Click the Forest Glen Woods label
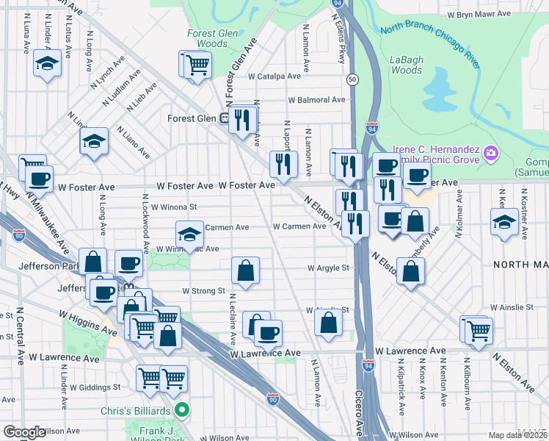[x=207, y=38]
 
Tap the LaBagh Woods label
[x=406, y=65]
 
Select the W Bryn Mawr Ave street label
[x=479, y=14]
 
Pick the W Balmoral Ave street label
[x=316, y=99]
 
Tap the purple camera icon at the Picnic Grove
[x=491, y=154]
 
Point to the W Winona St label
[x=174, y=207]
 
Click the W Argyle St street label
[x=328, y=268]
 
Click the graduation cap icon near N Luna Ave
[x=48, y=64]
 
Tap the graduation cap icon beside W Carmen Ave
[x=189, y=234]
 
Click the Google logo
[x=24, y=432]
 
